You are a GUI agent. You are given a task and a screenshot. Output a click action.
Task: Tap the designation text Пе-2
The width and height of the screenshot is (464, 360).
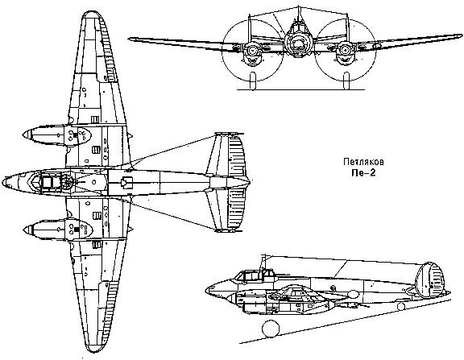(x=363, y=173)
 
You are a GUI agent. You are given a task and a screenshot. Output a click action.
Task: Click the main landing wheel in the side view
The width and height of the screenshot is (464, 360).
(x=271, y=329)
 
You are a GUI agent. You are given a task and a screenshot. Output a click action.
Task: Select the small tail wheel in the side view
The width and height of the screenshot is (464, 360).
(x=401, y=307)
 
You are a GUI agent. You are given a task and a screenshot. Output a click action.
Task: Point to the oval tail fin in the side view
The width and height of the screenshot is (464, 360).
(x=429, y=279)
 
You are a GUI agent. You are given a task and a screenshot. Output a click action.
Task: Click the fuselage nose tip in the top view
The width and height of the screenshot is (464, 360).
(x=3, y=182)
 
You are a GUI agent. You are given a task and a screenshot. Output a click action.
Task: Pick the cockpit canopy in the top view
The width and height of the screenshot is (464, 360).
(x=52, y=181)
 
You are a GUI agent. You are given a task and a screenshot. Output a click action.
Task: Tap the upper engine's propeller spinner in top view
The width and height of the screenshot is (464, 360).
(x=27, y=134)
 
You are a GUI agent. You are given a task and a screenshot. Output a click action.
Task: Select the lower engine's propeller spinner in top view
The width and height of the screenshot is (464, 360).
(x=28, y=230)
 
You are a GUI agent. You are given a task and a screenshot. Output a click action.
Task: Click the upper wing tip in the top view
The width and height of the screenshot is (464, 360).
(x=93, y=12)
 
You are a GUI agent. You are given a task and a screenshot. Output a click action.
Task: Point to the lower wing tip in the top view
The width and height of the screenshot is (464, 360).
(x=93, y=350)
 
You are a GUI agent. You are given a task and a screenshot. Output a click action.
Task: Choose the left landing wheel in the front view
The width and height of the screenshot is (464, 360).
(x=252, y=81)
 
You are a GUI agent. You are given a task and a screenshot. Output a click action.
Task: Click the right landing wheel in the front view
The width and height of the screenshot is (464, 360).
(x=346, y=81)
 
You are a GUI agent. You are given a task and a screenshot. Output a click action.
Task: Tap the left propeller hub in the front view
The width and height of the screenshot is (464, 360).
(x=252, y=50)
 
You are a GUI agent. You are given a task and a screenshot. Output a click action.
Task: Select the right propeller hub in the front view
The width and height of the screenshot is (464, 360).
(x=345, y=50)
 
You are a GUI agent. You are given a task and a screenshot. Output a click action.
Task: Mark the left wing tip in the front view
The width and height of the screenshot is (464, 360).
(x=130, y=39)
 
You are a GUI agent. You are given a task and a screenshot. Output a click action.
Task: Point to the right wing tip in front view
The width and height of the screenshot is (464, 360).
(x=460, y=35)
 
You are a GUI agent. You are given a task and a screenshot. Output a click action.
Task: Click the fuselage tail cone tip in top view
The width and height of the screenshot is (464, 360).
(x=249, y=182)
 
